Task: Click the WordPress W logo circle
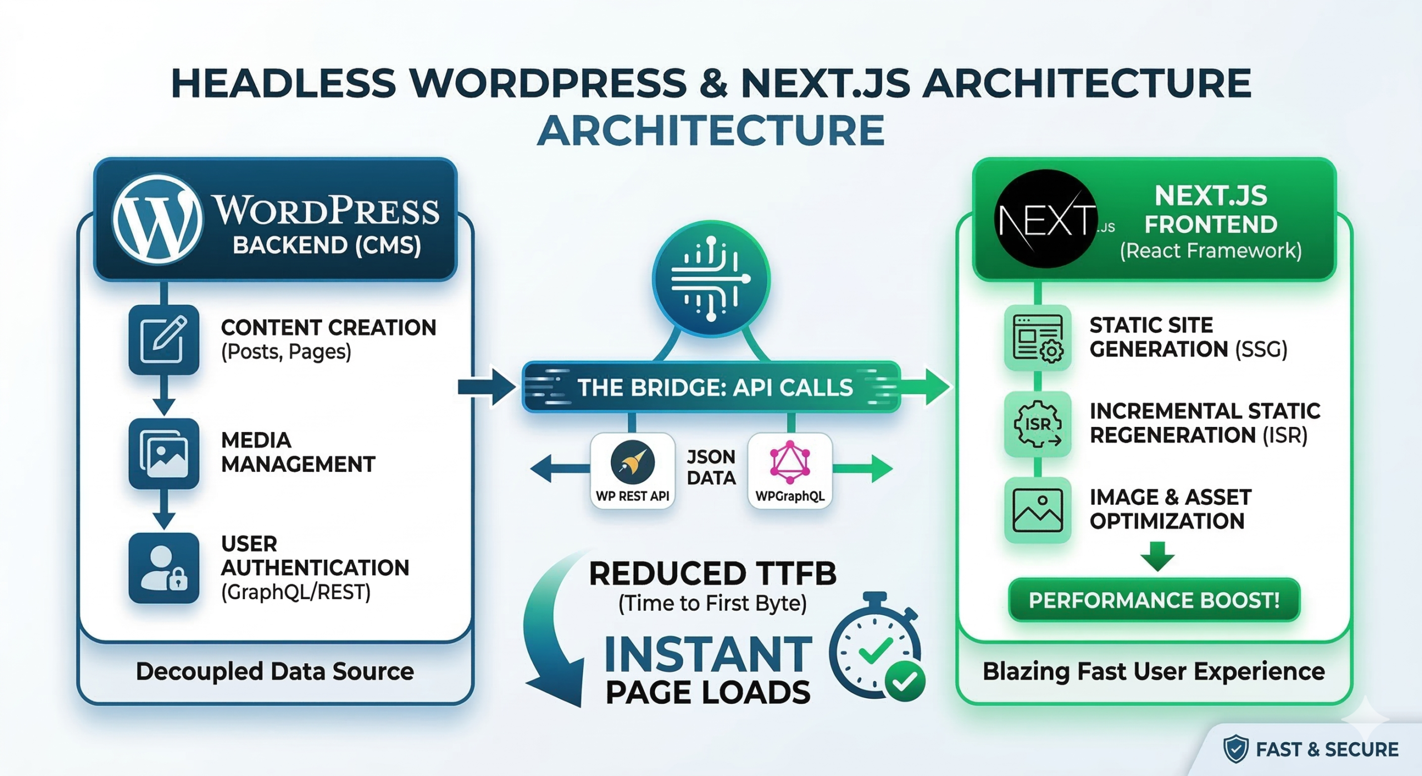(158, 220)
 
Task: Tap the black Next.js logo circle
(1045, 219)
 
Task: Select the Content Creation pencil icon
(164, 339)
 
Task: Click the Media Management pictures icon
(164, 453)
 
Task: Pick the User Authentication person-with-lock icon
(164, 568)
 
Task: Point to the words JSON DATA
(711, 467)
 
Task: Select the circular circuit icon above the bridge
(711, 279)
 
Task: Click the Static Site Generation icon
(1038, 338)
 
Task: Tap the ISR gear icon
(1038, 425)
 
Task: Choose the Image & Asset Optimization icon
(1038, 510)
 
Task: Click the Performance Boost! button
(1154, 600)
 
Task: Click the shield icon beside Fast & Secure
(1236, 749)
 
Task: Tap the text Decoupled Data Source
(275, 671)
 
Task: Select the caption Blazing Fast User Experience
(1154, 671)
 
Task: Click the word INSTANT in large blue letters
(708, 654)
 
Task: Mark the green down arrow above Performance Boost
(1158, 556)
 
